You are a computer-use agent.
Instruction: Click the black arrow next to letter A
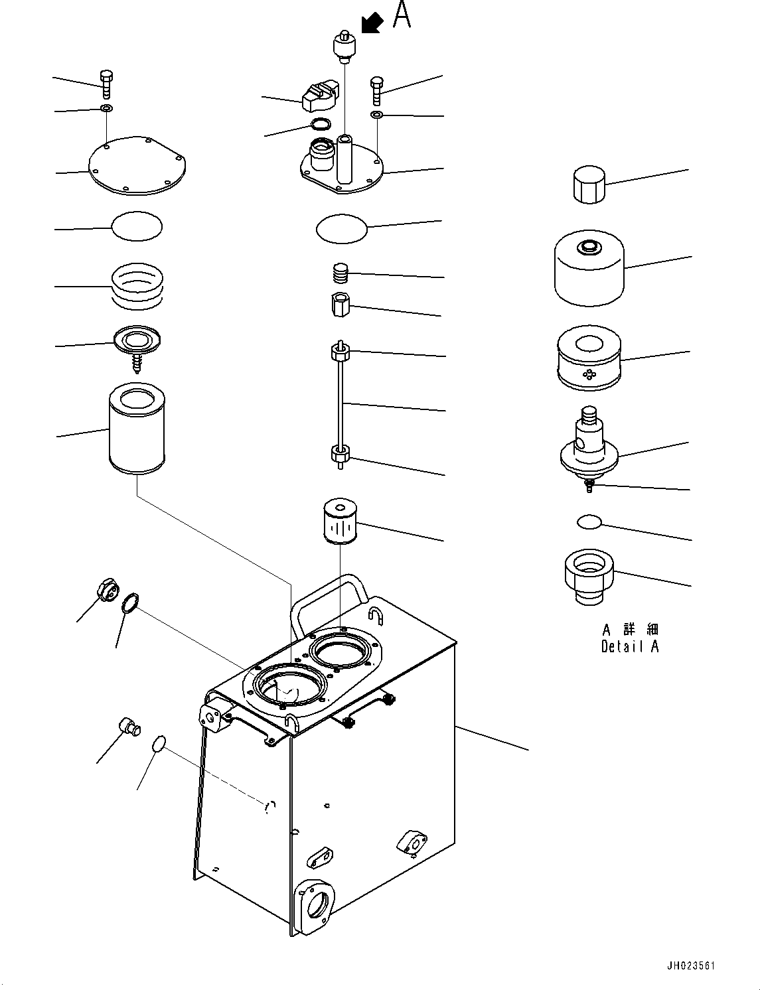tap(372, 23)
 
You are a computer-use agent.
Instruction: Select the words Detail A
tap(630, 646)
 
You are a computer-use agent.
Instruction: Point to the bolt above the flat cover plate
tap(106, 84)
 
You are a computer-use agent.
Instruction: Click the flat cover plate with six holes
tap(137, 166)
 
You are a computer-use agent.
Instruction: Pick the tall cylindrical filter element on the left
tap(137, 428)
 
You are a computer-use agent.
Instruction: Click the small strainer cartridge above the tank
tap(339, 521)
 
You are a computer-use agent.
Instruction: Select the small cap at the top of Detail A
tap(589, 184)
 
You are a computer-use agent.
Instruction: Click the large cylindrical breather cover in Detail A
tap(589, 268)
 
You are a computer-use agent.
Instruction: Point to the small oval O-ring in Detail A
tap(589, 522)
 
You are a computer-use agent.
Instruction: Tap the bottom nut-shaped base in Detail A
tap(589, 577)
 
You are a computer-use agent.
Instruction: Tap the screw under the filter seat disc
tap(136, 363)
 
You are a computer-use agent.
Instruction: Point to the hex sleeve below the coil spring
tap(340, 305)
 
